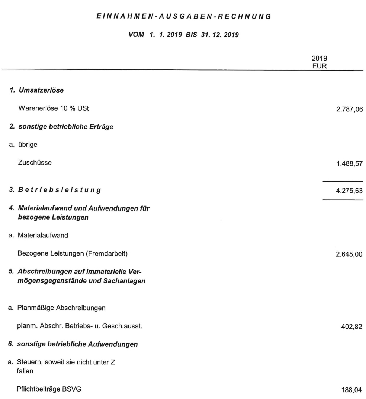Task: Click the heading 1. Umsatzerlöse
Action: (x=35, y=91)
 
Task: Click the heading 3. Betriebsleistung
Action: (x=54, y=191)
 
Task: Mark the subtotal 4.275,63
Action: (x=347, y=191)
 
